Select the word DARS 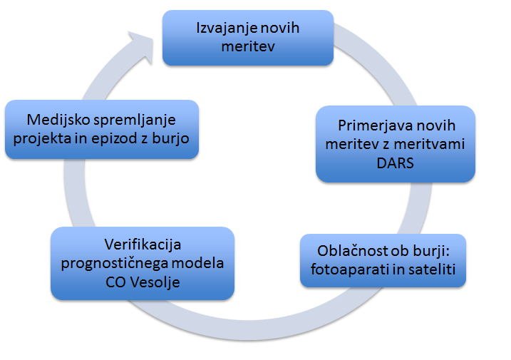[x=395, y=163]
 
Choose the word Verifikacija [x=143, y=245]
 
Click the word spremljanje [x=135, y=120]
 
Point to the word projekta [x=42, y=139]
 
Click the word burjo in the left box [x=170, y=138]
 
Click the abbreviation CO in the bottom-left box [x=115, y=282]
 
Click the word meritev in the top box [x=248, y=46]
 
